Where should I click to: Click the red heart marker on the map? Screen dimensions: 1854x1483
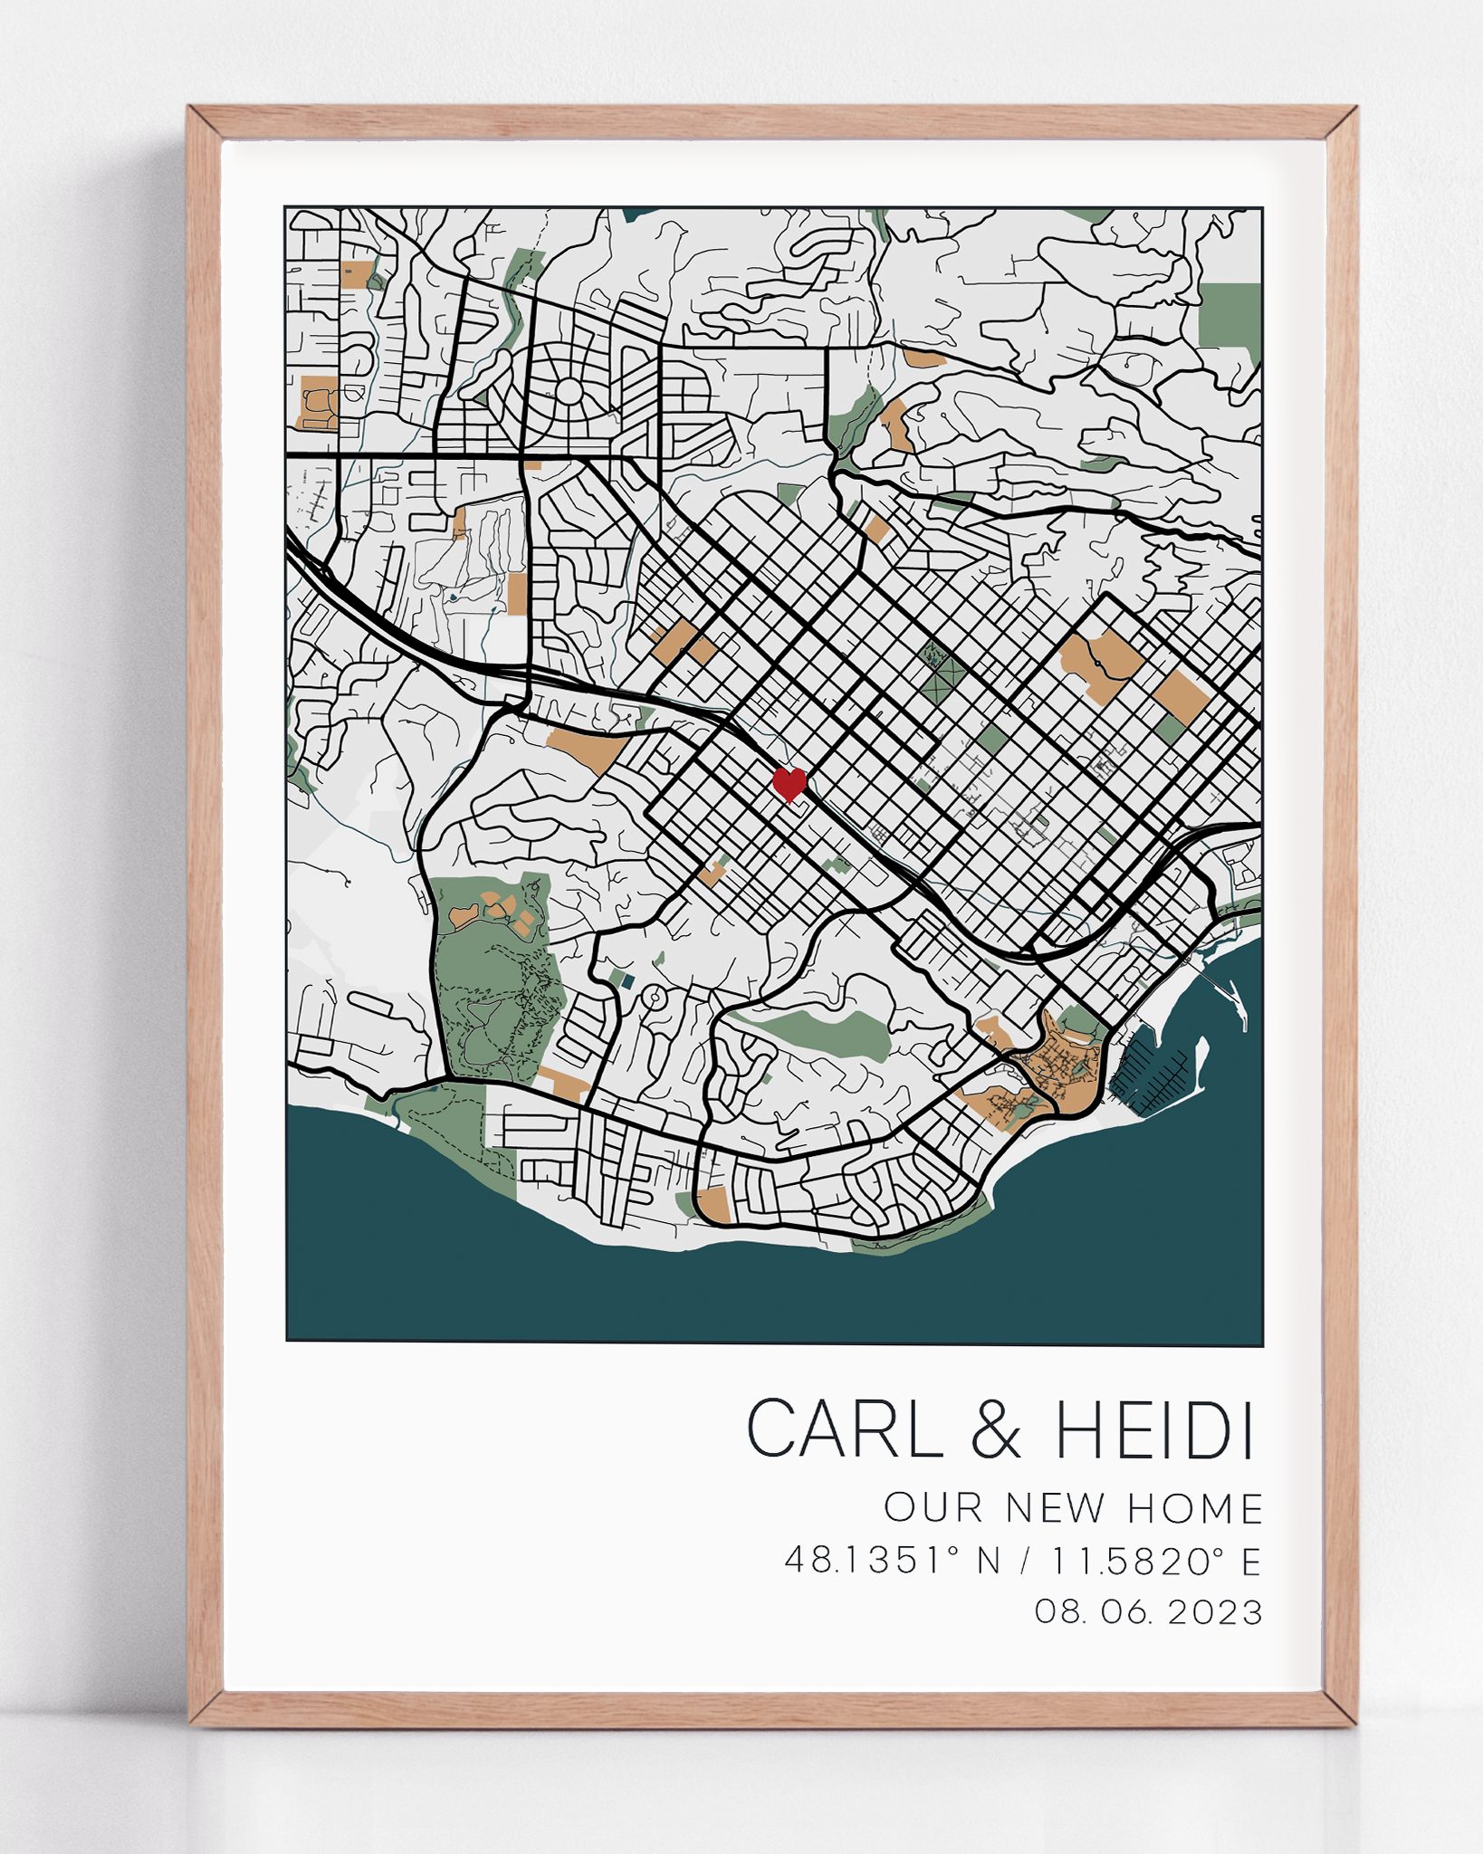[x=789, y=784]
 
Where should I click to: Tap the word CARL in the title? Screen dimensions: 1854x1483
[x=845, y=1429]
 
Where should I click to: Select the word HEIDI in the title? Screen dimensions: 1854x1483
[x=1155, y=1429]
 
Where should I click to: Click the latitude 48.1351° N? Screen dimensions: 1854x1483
[x=893, y=1561]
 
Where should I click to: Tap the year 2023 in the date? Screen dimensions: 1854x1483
[x=1215, y=1612]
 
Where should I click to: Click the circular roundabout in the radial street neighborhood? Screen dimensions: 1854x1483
[x=569, y=391]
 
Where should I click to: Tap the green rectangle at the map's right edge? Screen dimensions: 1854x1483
[x=1230, y=314]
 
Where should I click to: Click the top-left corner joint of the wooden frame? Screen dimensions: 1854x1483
[x=205, y=122]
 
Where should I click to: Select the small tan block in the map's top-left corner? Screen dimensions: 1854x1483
[x=357, y=274]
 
